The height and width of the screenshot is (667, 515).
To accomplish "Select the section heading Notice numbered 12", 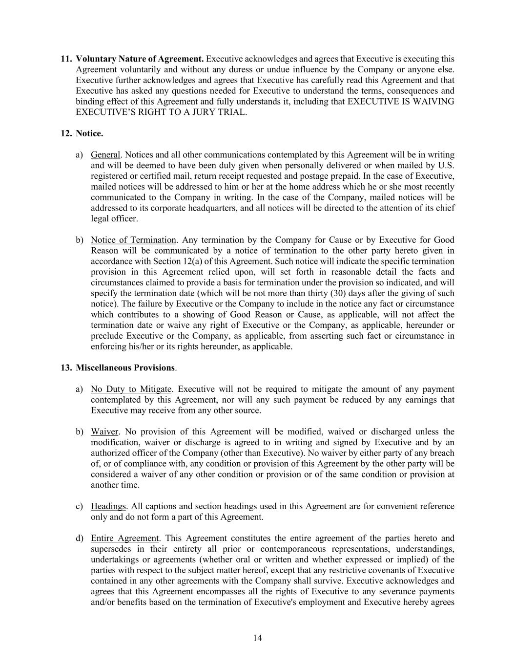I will click(x=89, y=133).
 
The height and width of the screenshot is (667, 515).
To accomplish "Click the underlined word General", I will click(x=105, y=155).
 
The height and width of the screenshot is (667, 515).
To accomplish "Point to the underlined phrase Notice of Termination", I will click(x=133, y=240).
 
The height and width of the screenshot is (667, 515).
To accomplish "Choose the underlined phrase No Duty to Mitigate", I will click(x=131, y=389).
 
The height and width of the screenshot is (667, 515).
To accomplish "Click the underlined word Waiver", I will click(x=104, y=431).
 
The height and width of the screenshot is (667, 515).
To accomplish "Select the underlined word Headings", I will click(x=108, y=506).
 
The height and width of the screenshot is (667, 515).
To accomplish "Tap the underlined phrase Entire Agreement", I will click(x=124, y=538).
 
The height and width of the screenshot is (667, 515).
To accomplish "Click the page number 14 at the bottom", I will click(x=258, y=638).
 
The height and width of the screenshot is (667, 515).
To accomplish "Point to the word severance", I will click(x=401, y=591).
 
